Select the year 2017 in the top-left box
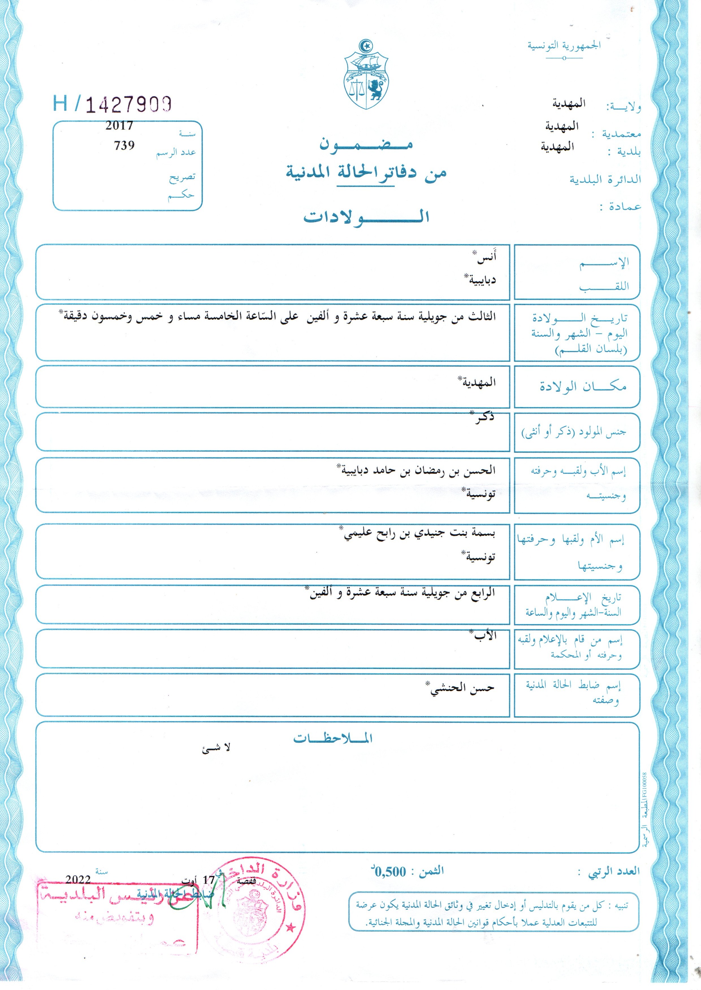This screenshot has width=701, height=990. [119, 126]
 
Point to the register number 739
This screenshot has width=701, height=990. [124, 145]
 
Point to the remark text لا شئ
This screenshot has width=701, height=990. [216, 749]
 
